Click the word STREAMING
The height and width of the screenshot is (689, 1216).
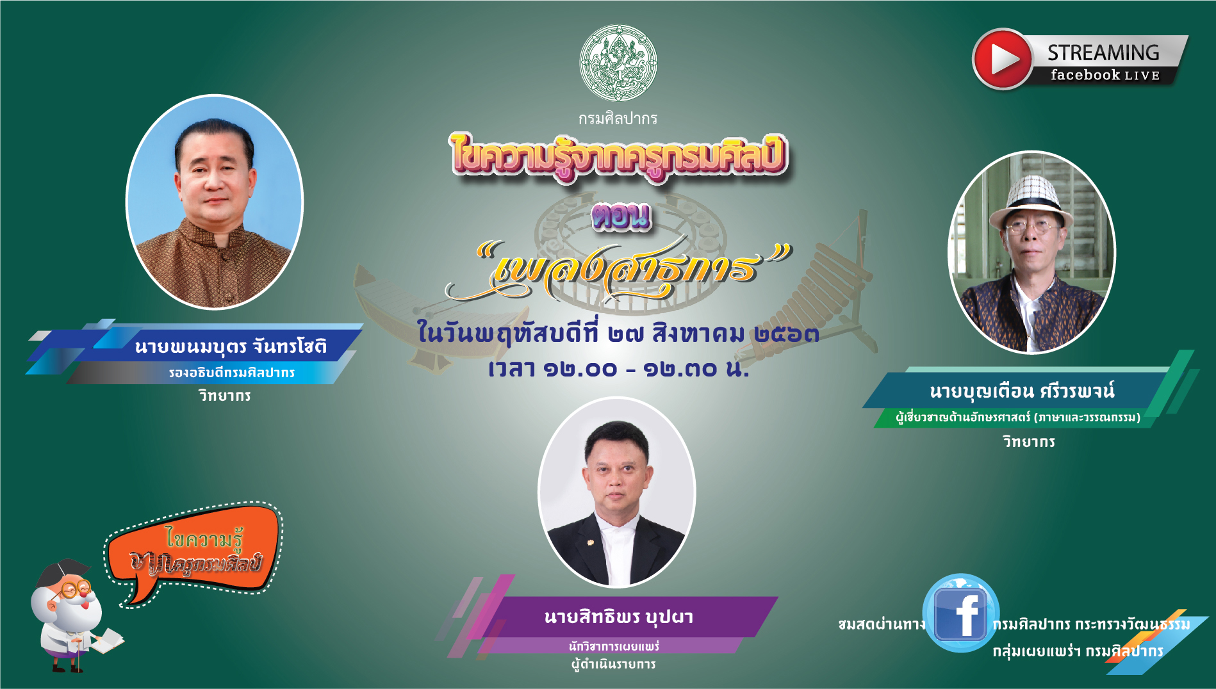(x=1103, y=53)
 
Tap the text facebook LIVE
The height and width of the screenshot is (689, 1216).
(x=1105, y=75)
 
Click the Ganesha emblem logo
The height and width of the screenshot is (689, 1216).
(x=618, y=63)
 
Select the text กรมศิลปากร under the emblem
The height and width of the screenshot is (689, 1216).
(x=618, y=119)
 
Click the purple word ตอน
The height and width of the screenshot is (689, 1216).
(x=621, y=216)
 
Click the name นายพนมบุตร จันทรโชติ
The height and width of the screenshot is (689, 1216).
(x=231, y=346)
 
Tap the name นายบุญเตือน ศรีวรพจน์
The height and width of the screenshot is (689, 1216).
(x=1022, y=391)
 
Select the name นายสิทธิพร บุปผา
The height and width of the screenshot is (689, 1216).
(x=619, y=617)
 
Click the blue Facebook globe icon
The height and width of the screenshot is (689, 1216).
(x=960, y=613)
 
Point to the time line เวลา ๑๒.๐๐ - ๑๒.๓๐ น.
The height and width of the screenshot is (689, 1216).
(x=618, y=369)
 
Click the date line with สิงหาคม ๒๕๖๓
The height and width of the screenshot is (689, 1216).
(x=618, y=333)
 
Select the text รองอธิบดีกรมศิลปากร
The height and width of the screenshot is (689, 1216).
(x=232, y=373)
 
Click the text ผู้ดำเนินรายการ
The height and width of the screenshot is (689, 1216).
(x=613, y=664)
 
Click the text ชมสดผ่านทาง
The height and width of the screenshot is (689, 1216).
(x=882, y=624)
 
